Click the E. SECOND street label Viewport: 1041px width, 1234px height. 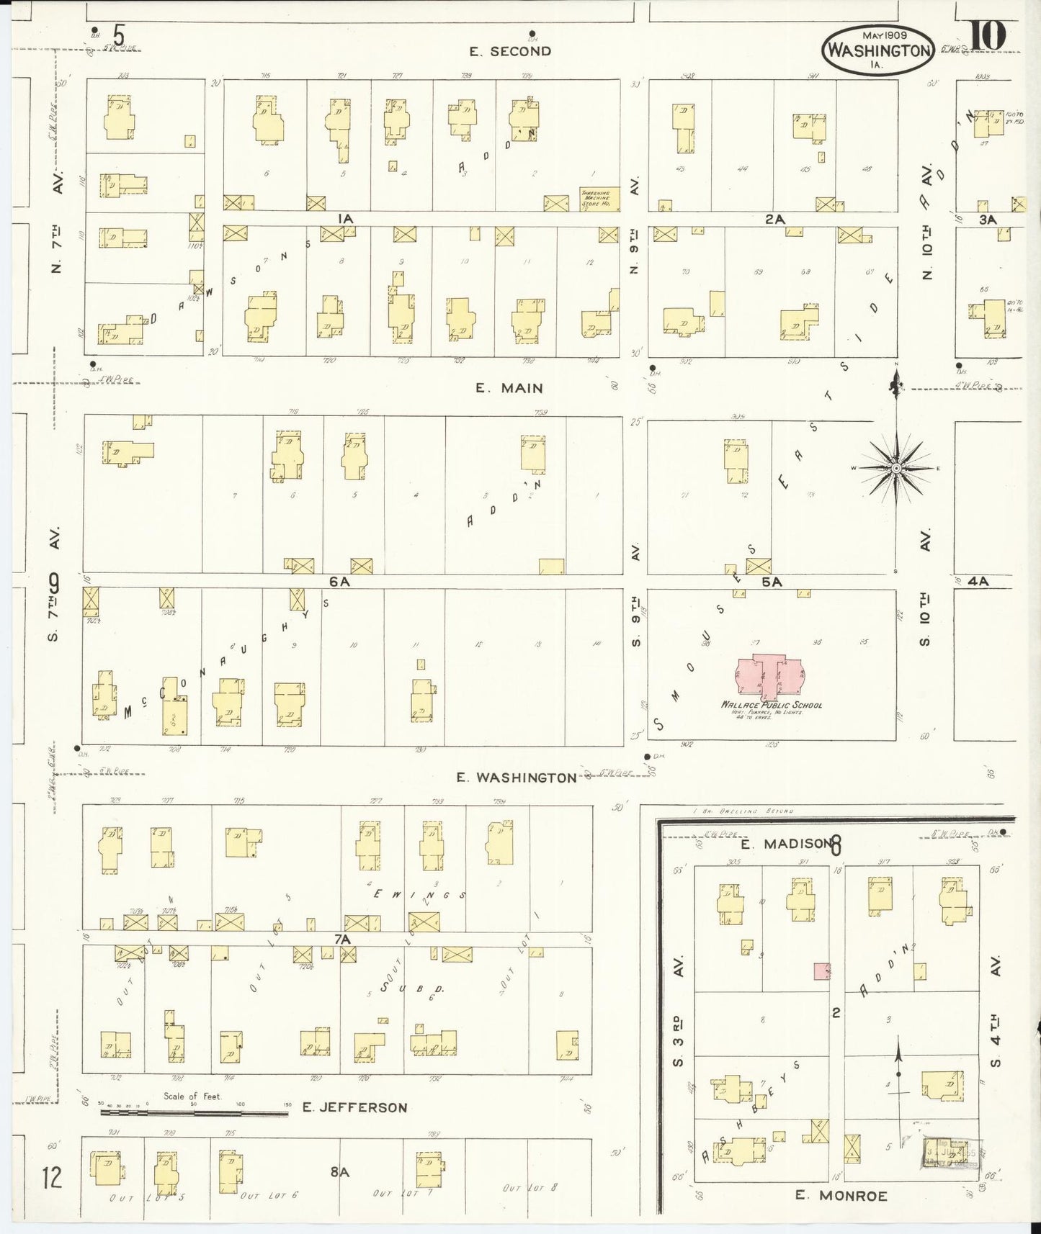510,51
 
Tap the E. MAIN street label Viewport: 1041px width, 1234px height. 509,388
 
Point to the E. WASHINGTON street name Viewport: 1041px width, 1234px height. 517,778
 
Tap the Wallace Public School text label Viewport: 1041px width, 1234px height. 772,706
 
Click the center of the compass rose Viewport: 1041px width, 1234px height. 895,468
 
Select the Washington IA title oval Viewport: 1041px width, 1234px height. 878,50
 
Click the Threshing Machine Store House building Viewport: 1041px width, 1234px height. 595,199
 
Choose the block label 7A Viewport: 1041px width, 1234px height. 341,940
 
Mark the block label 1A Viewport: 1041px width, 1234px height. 345,218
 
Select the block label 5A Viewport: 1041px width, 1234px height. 772,582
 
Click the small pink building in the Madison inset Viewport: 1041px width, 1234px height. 821,970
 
